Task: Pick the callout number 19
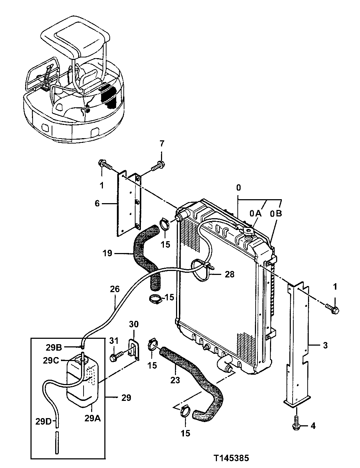(107, 253)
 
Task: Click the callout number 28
(229, 275)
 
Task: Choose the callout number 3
(325, 346)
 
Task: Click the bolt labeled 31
(114, 357)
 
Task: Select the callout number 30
(133, 324)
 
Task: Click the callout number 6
(97, 203)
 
